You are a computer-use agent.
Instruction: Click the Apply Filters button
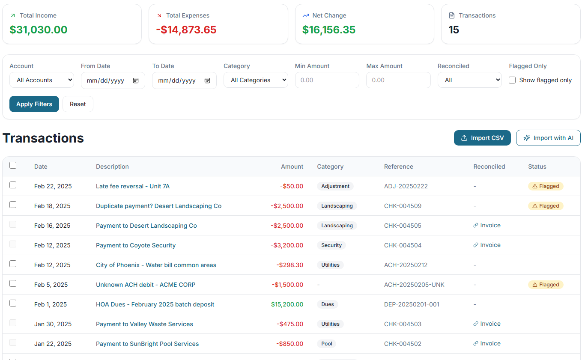(x=34, y=104)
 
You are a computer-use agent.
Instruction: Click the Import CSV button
(x=482, y=138)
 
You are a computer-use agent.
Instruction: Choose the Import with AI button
(x=548, y=138)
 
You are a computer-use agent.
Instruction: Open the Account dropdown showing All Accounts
(x=42, y=80)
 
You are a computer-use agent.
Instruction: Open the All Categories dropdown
(x=256, y=80)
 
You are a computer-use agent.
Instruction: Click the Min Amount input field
(x=327, y=80)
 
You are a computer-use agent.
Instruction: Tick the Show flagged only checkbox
(x=512, y=80)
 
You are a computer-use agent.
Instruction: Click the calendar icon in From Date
(x=136, y=80)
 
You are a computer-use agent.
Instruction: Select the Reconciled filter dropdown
(x=469, y=80)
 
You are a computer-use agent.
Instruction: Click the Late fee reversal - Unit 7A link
(x=133, y=186)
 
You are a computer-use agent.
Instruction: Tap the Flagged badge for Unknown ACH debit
(x=546, y=285)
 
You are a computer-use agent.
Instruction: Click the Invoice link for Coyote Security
(x=487, y=245)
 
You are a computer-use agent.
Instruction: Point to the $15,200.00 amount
(x=287, y=304)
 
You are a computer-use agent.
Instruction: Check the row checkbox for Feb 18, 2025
(x=13, y=205)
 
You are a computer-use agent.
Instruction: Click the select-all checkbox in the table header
(x=13, y=165)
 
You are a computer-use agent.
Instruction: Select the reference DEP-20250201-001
(x=412, y=304)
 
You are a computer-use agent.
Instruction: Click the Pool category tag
(x=327, y=344)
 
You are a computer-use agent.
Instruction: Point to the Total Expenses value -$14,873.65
(x=186, y=30)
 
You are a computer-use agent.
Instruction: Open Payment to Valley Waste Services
(x=144, y=324)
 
